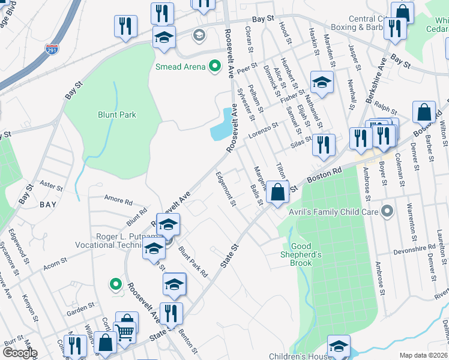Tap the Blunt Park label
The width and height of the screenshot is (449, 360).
pyautogui.click(x=117, y=115)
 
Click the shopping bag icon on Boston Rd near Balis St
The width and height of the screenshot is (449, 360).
pyautogui.click(x=277, y=193)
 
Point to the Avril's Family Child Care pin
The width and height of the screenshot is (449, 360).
pyautogui.click(x=387, y=211)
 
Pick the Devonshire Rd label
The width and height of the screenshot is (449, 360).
pyautogui.click(x=414, y=248)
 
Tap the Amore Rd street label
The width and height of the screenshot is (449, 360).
pyautogui.click(x=117, y=200)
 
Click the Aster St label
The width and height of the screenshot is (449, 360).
pyautogui.click(x=51, y=185)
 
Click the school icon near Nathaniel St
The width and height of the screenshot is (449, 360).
pyautogui.click(x=321, y=83)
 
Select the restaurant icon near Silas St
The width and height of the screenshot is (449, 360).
pyautogui.click(x=323, y=145)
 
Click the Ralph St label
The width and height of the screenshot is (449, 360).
pyautogui.click(x=385, y=110)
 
